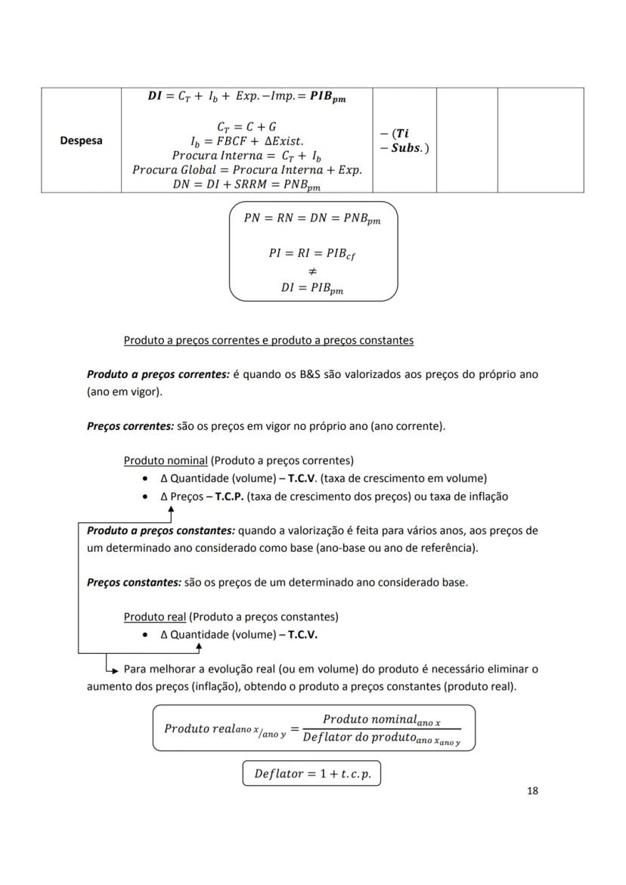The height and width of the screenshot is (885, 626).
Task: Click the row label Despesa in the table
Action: (x=81, y=141)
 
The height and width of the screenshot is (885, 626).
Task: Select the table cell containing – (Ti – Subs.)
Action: (x=404, y=141)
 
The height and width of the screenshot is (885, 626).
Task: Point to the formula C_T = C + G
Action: (x=246, y=126)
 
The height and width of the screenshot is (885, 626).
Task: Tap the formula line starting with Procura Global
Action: (x=246, y=170)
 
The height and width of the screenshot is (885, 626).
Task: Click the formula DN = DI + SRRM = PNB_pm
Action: (x=246, y=185)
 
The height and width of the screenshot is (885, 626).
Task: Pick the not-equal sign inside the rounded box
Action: (x=313, y=271)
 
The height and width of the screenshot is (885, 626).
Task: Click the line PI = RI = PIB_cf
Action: (x=312, y=254)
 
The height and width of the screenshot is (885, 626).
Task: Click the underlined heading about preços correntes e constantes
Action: (x=268, y=340)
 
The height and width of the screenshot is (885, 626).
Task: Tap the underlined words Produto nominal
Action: (x=165, y=460)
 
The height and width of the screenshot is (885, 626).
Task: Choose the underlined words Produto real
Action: (x=155, y=617)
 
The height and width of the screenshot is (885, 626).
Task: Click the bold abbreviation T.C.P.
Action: (x=229, y=497)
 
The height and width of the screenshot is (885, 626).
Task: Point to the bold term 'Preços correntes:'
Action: (x=130, y=426)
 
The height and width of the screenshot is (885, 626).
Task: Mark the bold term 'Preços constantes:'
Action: (x=134, y=583)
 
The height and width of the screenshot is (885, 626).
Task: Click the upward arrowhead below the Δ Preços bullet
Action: (x=171, y=510)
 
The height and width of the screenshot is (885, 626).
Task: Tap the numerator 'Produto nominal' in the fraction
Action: (x=381, y=719)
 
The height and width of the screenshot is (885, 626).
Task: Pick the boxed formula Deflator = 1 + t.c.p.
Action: (x=311, y=774)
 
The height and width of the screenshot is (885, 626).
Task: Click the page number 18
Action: (x=531, y=791)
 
